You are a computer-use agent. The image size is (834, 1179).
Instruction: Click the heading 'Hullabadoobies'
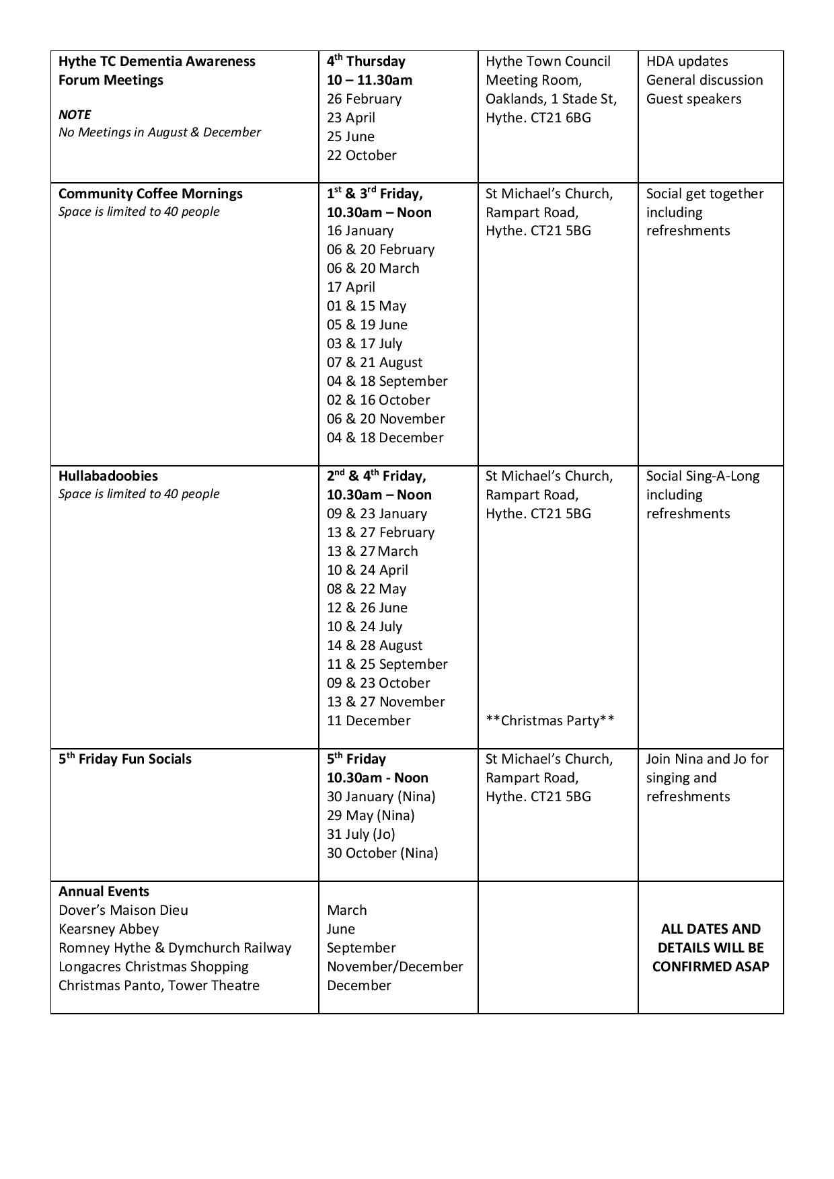(108, 476)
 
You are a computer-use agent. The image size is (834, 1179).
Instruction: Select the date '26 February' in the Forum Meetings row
(364, 99)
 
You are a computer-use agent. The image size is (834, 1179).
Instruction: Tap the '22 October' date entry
(362, 155)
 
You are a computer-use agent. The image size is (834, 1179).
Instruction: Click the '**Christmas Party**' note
(549, 721)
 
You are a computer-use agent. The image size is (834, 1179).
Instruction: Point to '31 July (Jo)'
(361, 834)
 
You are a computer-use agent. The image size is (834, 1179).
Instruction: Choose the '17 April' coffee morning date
(350, 287)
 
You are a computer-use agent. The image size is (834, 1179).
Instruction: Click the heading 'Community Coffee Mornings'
(151, 194)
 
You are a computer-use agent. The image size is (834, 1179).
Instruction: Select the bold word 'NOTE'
(75, 114)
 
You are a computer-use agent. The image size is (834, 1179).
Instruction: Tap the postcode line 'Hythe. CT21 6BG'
(538, 118)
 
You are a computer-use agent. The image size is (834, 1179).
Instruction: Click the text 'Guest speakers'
(693, 99)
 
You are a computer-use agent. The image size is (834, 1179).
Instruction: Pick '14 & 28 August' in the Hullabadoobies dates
(375, 645)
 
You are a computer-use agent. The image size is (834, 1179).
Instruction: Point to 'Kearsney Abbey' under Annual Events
(109, 929)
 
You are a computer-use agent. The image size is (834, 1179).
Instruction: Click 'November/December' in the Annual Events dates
(395, 967)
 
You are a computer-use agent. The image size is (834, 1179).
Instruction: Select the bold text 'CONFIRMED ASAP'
(710, 967)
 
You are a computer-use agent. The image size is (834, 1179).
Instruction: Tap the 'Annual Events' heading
(104, 891)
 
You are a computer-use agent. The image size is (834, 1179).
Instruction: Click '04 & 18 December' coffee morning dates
(385, 438)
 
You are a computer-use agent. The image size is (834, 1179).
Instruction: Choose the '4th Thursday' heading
(366, 61)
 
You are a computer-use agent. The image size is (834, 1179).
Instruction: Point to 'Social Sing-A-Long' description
(703, 476)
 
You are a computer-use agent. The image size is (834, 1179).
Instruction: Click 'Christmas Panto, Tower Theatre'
(159, 985)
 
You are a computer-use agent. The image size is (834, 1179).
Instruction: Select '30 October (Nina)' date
(382, 853)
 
